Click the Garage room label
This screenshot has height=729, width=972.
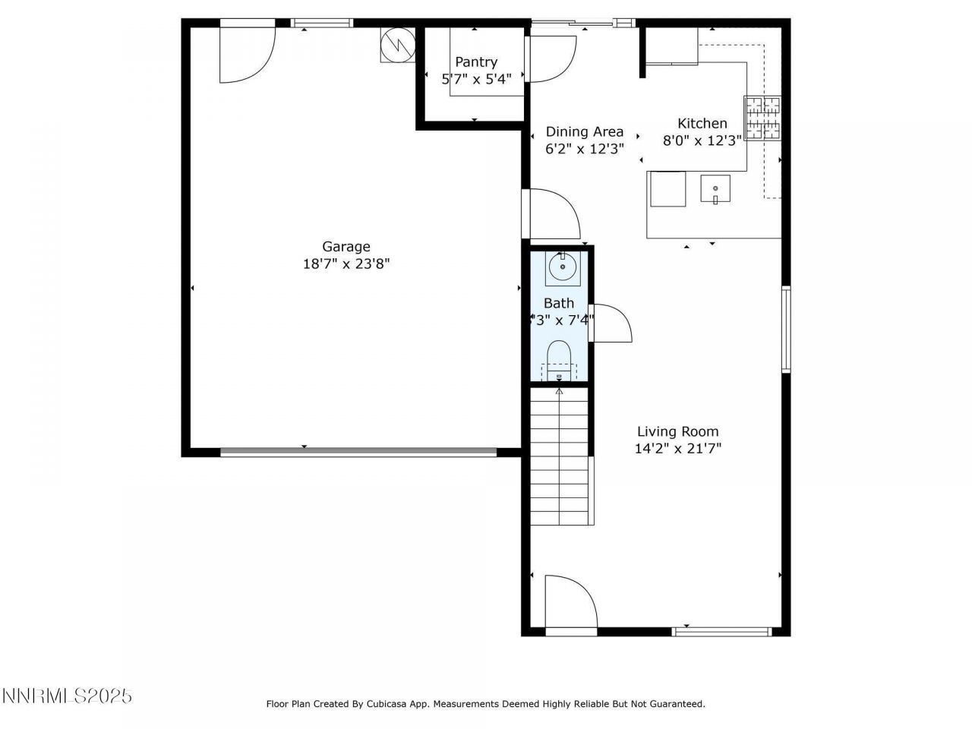[x=346, y=246]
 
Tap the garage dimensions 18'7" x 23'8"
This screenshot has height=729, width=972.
[x=346, y=264]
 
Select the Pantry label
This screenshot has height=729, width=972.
[x=476, y=62]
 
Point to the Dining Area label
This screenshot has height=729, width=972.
[x=585, y=131]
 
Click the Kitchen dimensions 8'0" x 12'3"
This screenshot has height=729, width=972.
[x=702, y=140]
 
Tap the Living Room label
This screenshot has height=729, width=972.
[x=677, y=431]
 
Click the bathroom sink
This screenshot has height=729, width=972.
[x=563, y=267]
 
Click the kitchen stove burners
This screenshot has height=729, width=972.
[x=762, y=119]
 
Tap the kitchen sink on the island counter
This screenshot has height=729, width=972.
[x=715, y=188]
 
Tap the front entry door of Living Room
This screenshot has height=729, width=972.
[x=570, y=604]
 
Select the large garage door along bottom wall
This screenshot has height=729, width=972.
[x=358, y=452]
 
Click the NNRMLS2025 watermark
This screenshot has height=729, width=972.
[x=67, y=696]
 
